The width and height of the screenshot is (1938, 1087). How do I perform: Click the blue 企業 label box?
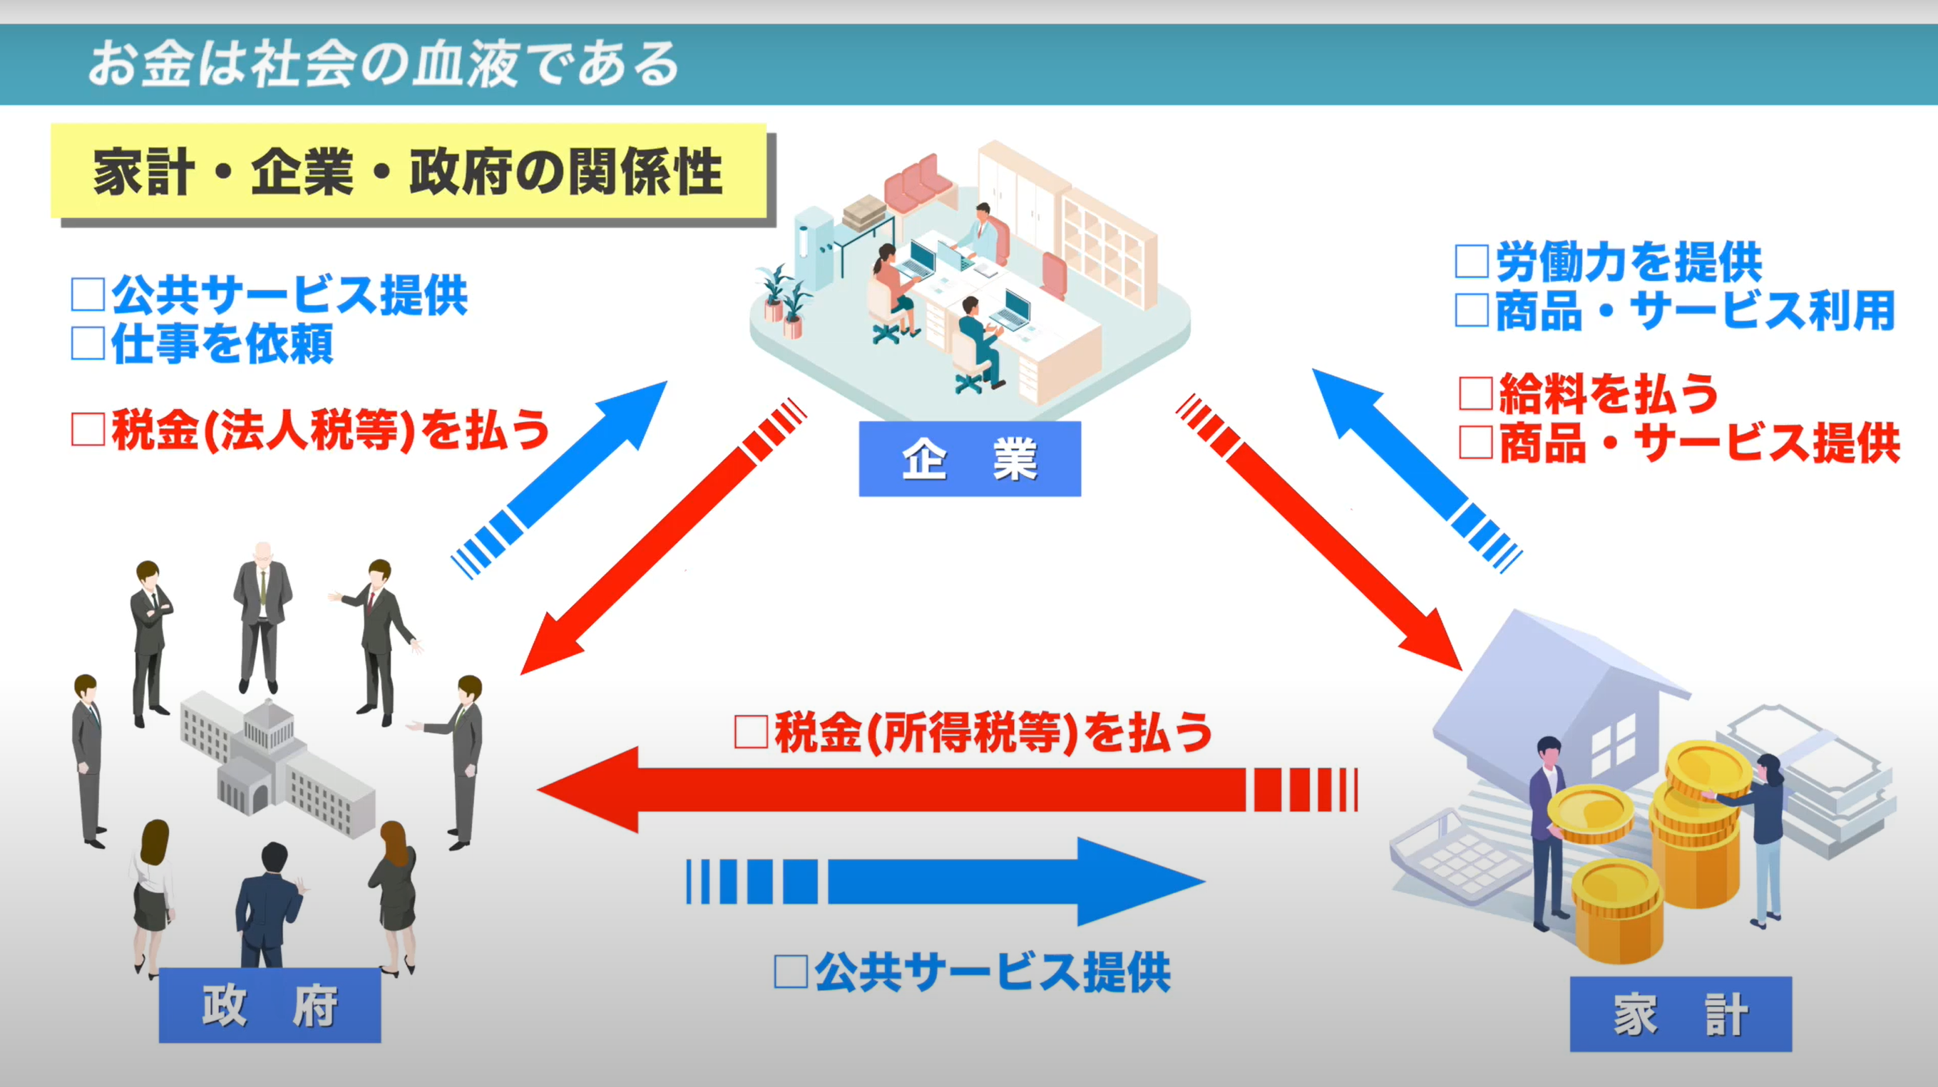point(969,458)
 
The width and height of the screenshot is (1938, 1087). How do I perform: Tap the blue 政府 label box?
point(270,1005)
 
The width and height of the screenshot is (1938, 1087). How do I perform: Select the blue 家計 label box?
point(1680,1014)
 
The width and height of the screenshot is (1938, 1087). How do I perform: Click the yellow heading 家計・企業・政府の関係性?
point(409,172)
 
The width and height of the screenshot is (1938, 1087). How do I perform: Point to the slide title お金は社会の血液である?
point(384,64)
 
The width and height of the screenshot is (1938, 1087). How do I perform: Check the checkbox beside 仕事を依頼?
point(87,344)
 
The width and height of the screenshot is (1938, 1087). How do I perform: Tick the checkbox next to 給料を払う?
point(1475,393)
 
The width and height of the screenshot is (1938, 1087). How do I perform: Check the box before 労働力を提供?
point(1472,262)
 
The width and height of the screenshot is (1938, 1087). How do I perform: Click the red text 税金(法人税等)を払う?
point(330,431)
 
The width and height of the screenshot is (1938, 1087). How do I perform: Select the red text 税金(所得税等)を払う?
point(993,732)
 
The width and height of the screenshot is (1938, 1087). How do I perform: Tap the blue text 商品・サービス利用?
point(1693,311)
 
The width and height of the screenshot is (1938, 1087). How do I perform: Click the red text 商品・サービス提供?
point(1698,443)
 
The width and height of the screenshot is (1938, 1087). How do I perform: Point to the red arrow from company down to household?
point(1324,534)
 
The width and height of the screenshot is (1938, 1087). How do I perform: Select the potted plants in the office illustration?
point(782,301)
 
